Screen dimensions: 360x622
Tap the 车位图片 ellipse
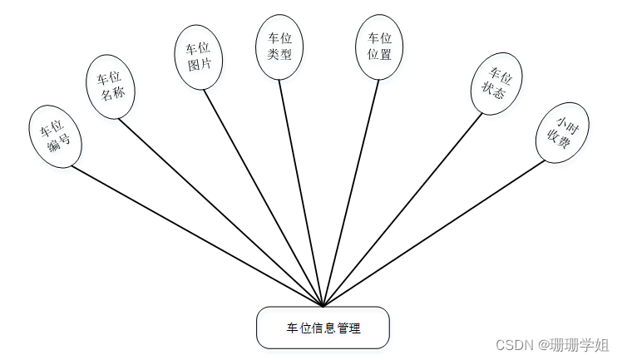point(199,56)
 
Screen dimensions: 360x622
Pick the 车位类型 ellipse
point(279,47)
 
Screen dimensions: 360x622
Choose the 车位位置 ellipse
point(379,47)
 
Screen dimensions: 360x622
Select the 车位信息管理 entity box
point(323,328)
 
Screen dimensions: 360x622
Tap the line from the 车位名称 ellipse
point(220,212)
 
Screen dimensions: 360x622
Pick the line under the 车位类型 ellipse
point(300,192)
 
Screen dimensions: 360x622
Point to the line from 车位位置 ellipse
point(352,192)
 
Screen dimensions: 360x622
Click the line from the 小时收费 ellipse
point(432,234)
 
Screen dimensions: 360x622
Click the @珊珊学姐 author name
point(574,344)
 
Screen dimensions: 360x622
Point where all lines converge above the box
point(323,305)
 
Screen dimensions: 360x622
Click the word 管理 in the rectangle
point(348,328)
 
